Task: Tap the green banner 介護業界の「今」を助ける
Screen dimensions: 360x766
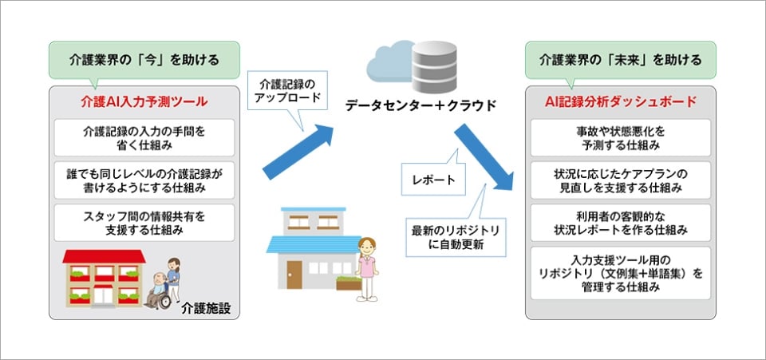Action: tap(144, 59)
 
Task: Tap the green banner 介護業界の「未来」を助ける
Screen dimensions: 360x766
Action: tap(620, 59)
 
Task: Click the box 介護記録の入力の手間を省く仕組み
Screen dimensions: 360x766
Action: tap(144, 138)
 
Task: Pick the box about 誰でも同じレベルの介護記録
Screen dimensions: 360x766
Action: tap(144, 180)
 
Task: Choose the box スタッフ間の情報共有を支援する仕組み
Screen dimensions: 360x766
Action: tap(144, 223)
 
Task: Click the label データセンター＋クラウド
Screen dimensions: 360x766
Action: tap(421, 105)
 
